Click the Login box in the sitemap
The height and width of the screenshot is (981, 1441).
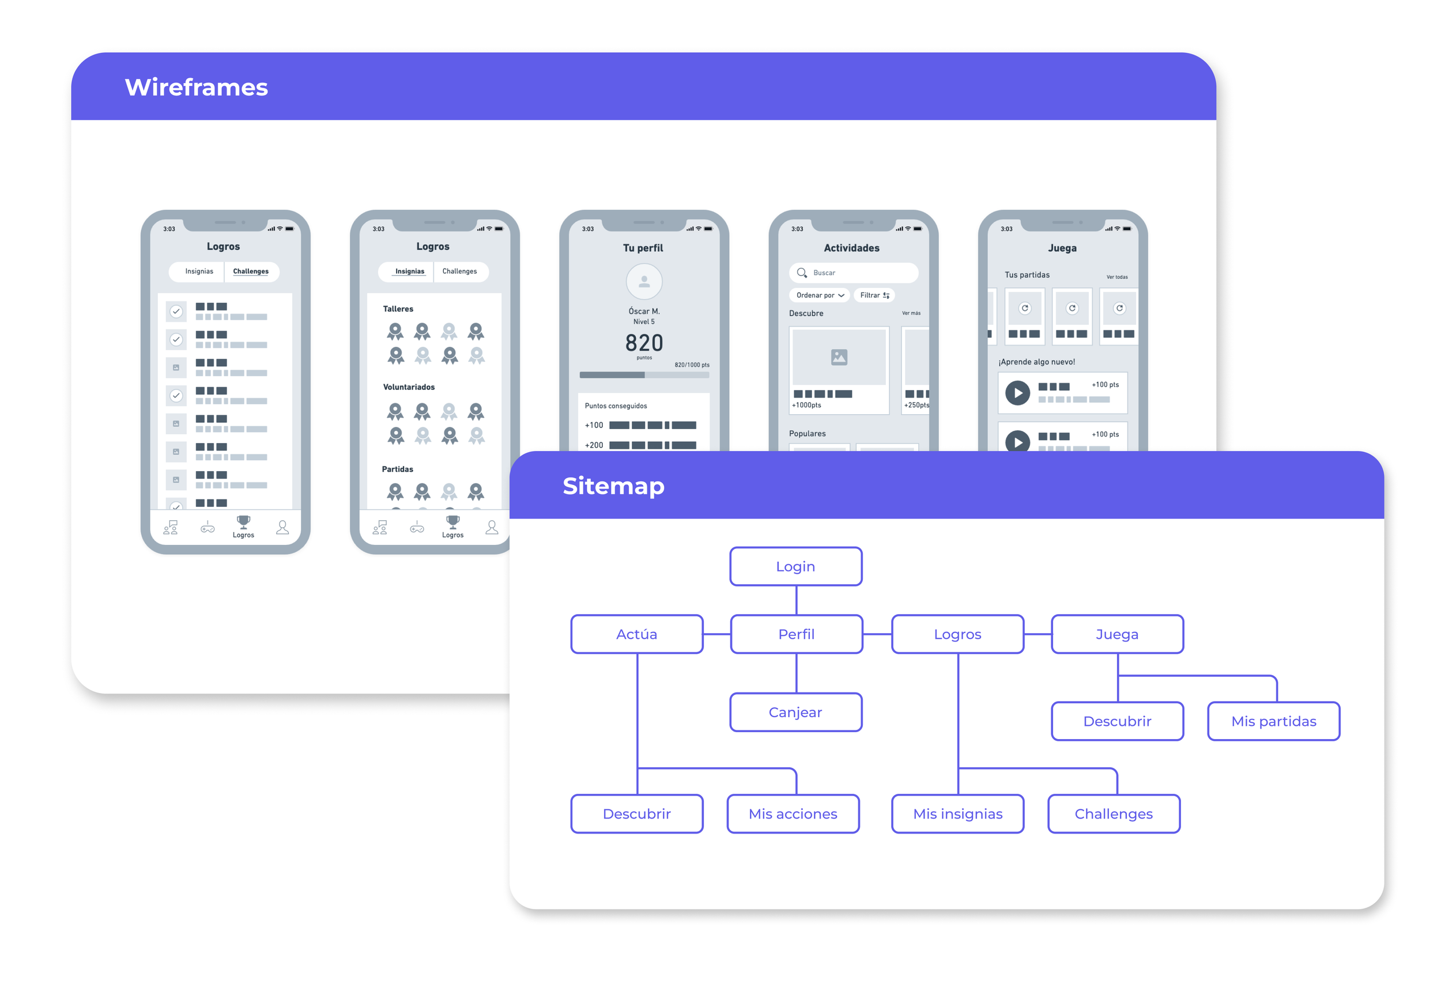[795, 566]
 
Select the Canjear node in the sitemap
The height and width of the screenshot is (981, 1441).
[795, 712]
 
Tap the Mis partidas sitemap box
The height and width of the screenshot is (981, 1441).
[1274, 721]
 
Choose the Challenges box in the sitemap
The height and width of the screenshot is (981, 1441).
[1114, 814]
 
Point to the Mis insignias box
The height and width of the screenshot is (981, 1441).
[957, 814]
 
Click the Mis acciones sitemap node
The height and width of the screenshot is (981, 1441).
[793, 814]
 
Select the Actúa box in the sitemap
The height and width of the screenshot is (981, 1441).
[637, 634]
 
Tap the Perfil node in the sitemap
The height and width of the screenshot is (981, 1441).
[796, 634]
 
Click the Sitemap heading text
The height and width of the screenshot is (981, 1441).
[613, 486]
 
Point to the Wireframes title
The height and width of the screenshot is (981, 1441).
[196, 88]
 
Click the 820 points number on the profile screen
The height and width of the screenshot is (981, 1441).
[644, 343]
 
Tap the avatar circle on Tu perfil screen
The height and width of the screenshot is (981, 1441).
[644, 281]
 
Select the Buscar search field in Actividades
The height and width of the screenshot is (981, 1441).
[853, 272]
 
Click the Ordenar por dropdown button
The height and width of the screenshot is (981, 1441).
[819, 296]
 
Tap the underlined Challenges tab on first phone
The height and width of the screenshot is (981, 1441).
[251, 271]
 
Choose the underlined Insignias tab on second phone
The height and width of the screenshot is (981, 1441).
[409, 271]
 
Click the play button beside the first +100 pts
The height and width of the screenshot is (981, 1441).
[1017, 393]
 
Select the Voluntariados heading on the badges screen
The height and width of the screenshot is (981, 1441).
[409, 387]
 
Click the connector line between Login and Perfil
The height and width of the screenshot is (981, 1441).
[796, 600]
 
